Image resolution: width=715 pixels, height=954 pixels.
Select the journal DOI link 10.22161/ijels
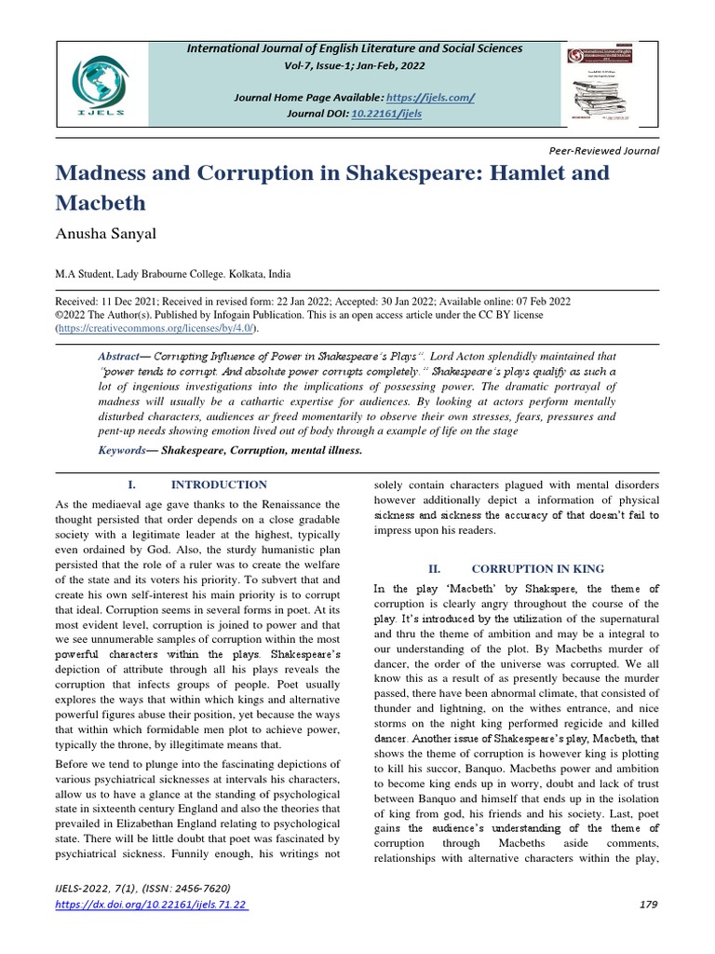386,113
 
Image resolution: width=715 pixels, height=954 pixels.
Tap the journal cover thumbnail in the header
611,84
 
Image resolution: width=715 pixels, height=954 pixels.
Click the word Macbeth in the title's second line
102,202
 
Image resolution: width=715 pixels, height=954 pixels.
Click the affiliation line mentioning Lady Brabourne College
174,275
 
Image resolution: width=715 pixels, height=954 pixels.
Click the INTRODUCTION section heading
218,484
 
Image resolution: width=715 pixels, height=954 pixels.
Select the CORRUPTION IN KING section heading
537,567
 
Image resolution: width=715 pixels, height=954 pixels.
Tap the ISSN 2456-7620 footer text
191,889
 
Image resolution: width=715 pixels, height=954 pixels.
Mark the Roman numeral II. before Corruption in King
433,567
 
